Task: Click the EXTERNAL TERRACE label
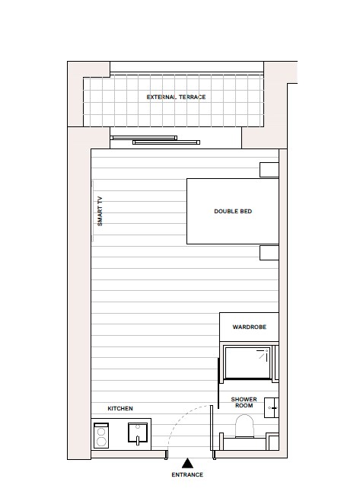(176, 97)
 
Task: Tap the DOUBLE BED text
(233, 211)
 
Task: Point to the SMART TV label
(99, 211)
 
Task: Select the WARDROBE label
(248, 327)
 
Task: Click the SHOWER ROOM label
(244, 403)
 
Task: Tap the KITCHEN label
(120, 409)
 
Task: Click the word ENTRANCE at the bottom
(187, 474)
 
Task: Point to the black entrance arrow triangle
(187, 462)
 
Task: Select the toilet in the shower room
(244, 427)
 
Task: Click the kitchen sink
(137, 435)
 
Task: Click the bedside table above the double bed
(269, 170)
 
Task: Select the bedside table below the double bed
(269, 253)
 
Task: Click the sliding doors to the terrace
(156, 139)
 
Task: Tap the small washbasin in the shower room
(272, 410)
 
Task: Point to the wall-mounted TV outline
(92, 211)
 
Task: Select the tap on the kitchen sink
(137, 429)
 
